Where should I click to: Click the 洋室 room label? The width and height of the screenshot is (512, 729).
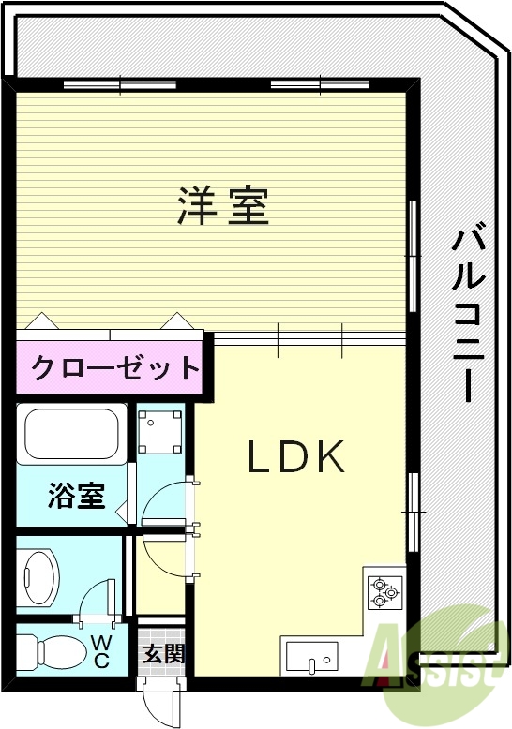tap(223, 206)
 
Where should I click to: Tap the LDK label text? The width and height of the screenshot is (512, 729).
tap(297, 456)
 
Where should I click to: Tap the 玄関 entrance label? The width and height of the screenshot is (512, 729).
tap(164, 653)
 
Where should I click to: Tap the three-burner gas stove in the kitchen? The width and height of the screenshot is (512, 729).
tap(383, 589)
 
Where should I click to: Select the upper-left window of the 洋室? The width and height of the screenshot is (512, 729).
tap(121, 85)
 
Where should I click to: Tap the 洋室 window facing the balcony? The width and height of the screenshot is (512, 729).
tap(412, 255)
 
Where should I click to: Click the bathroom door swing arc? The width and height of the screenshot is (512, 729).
tap(164, 507)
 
